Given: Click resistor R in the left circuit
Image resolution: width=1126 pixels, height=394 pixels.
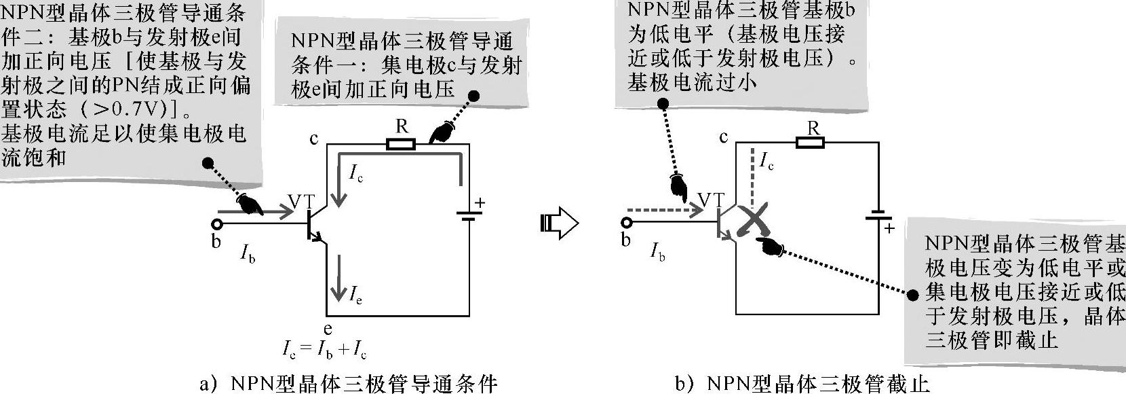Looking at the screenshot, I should [401, 144].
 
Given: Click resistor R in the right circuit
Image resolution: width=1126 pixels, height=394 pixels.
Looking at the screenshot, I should [811, 142].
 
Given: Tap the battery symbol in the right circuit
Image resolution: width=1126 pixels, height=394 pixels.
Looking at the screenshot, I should [878, 217].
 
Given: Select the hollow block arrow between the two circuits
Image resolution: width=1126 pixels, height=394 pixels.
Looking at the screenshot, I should [559, 223].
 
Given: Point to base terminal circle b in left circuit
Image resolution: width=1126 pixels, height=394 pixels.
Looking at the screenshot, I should [217, 224].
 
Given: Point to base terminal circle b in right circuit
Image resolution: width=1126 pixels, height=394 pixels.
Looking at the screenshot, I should [626, 223].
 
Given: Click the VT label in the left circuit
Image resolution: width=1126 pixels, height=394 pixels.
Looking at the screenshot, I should [301, 202].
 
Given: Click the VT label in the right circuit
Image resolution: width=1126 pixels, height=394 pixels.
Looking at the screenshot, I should [710, 200].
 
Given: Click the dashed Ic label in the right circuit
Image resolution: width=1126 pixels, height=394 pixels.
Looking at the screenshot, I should [766, 162].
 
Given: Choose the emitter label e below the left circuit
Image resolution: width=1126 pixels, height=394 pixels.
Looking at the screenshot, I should [328, 329].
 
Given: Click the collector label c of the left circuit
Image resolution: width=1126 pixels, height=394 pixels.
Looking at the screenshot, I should [314, 139].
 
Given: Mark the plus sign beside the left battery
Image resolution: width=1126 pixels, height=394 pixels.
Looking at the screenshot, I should [480, 202].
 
